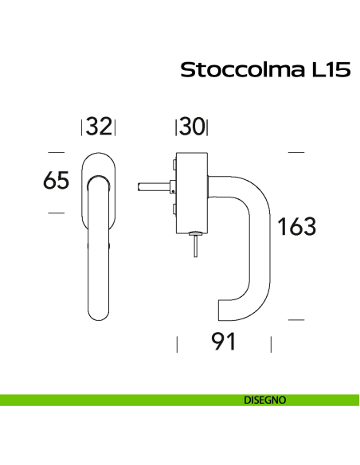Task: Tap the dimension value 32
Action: [x=99, y=127]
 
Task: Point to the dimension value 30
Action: [x=192, y=127]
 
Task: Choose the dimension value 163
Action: [x=296, y=227]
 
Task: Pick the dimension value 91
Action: [x=225, y=342]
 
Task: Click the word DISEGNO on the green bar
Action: [x=265, y=400]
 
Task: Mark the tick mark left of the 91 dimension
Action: [x=176, y=344]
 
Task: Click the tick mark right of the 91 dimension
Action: [x=272, y=344]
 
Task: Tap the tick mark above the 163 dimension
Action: [x=295, y=151]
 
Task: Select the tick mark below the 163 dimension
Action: [x=295, y=319]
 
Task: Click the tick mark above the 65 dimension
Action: [x=56, y=151]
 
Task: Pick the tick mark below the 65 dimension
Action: [x=56, y=213]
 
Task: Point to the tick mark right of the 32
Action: [x=115, y=127]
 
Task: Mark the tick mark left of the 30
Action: [x=176, y=127]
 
